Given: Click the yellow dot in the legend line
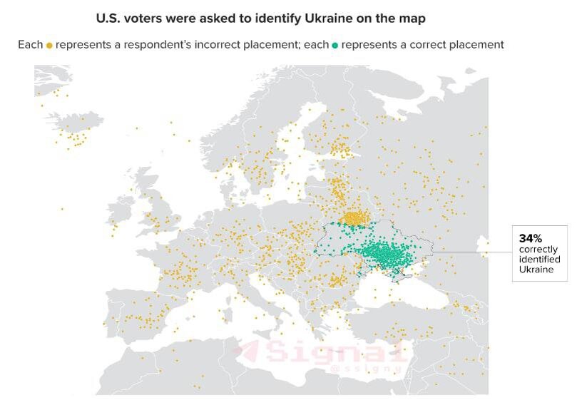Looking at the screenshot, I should click(49, 45).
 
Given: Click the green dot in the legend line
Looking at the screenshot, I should click(335, 45).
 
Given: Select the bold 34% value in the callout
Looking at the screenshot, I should click(530, 238).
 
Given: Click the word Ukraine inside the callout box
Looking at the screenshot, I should click(536, 270).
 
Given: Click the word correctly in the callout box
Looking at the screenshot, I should click(538, 250).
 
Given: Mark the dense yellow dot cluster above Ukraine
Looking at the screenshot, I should click(353, 217).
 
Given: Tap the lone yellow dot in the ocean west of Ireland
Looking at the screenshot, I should click(62, 209).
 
